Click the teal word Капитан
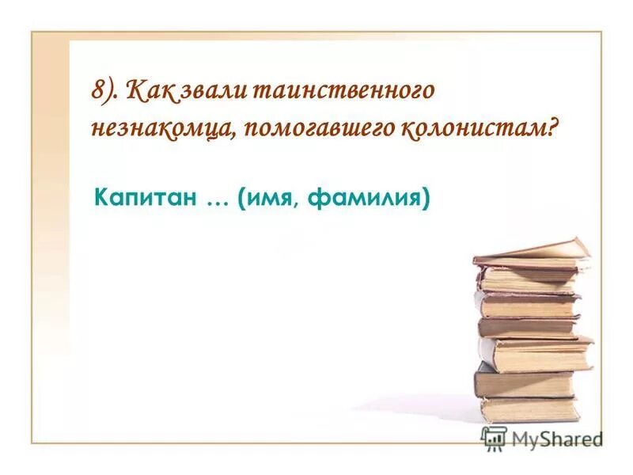pos(145,198)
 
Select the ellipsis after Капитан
pos(216,199)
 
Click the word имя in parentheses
pos(266,199)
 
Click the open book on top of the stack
pos(532,254)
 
